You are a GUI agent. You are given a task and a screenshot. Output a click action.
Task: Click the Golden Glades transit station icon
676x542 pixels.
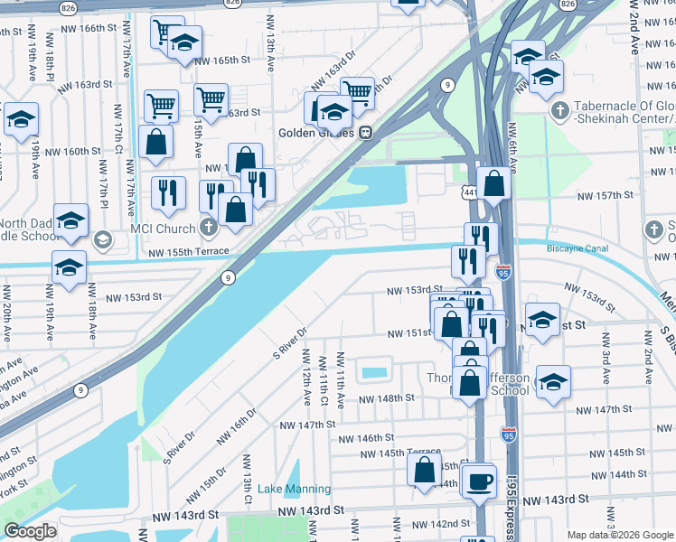tap(366, 132)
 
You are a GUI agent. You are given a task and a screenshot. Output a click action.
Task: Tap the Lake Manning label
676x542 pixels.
tap(294, 489)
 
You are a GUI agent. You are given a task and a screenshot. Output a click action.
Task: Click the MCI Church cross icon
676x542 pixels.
tap(209, 227)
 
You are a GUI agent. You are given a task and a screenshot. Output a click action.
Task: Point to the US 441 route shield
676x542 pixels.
tap(468, 192)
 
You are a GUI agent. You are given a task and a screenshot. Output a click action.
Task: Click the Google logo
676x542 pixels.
tap(30, 531)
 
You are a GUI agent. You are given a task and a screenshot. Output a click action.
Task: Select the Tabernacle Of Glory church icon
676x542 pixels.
tap(559, 110)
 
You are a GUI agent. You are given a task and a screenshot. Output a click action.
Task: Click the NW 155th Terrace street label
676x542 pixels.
tap(186, 254)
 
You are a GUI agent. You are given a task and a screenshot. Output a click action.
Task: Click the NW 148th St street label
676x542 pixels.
tap(386, 397)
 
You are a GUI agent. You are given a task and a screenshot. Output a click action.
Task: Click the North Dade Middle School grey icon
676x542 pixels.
tap(102, 239)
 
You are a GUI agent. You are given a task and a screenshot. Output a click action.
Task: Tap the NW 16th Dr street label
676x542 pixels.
tap(237, 425)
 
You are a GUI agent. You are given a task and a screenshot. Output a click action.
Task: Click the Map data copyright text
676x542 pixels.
tap(620, 534)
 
